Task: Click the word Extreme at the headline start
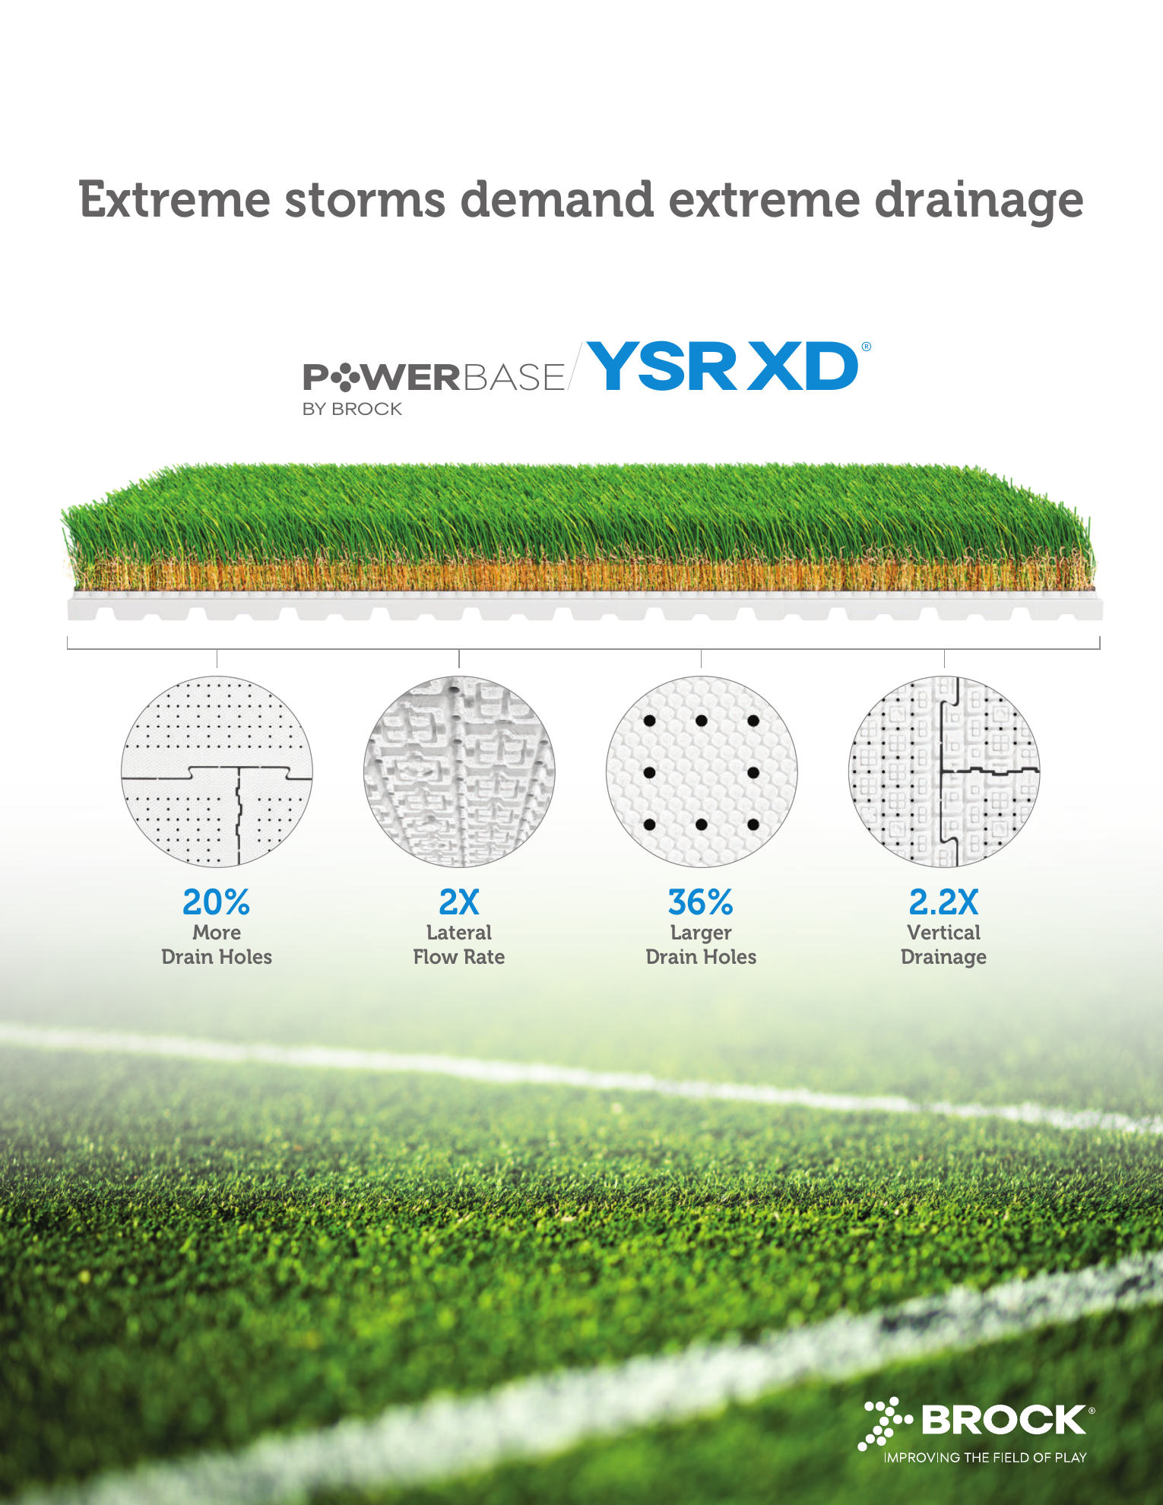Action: (175, 200)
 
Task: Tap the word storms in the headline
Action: (365, 200)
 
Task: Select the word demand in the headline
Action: (557, 200)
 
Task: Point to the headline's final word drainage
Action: (979, 203)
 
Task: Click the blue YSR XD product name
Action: (722, 366)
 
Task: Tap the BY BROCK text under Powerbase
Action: (352, 409)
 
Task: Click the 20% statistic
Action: (217, 902)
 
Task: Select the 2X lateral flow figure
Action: (459, 902)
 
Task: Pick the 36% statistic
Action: (701, 902)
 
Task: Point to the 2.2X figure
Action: (944, 902)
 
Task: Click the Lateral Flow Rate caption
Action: (459, 944)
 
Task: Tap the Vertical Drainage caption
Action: (944, 945)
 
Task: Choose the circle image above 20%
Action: (217, 772)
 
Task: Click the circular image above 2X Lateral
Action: (459, 772)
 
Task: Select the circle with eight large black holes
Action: (702, 772)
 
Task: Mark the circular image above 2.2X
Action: (944, 772)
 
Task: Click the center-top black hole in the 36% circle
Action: (702, 721)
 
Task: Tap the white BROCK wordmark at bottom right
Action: (1004, 1420)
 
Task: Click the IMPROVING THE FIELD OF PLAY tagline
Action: (985, 1457)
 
